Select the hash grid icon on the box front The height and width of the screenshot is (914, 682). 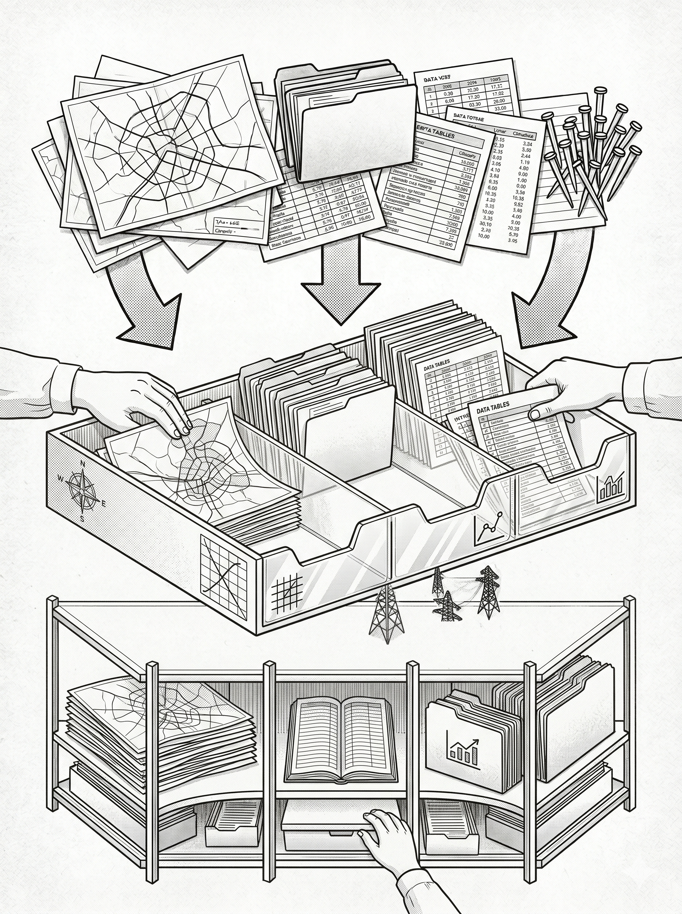coord(287,593)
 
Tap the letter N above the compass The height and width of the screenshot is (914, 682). coord(82,463)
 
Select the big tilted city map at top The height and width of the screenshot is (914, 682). coord(169,145)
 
